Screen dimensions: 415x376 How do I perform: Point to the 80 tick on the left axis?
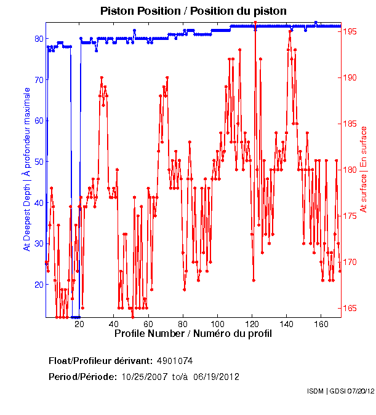pos(38,38)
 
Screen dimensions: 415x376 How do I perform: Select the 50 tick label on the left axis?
pos(38,162)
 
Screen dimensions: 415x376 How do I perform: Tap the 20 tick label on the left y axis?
pos(38,285)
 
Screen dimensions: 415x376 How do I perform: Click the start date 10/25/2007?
pos(143,376)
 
